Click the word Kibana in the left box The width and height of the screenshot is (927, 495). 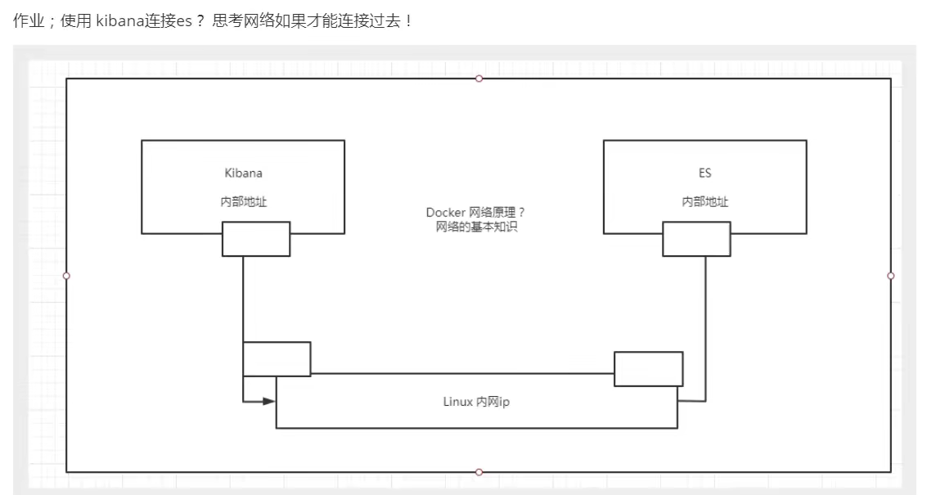point(243,173)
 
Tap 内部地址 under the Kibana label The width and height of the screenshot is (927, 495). point(243,201)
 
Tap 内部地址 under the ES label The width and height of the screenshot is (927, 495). point(705,201)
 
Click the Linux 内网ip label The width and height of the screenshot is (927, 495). point(475,403)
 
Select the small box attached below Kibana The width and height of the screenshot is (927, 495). point(256,239)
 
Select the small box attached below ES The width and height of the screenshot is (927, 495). point(696,239)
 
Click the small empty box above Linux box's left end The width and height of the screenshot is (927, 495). point(277,359)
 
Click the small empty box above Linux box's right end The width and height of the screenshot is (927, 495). point(648,368)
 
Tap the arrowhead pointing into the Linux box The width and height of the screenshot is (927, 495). point(268,402)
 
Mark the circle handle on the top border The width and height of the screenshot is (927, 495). point(479,79)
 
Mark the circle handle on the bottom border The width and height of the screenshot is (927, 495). point(479,472)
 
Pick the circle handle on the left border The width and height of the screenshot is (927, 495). point(66,276)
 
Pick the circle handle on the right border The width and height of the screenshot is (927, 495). point(891,276)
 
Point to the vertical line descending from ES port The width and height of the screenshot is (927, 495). point(705,327)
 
